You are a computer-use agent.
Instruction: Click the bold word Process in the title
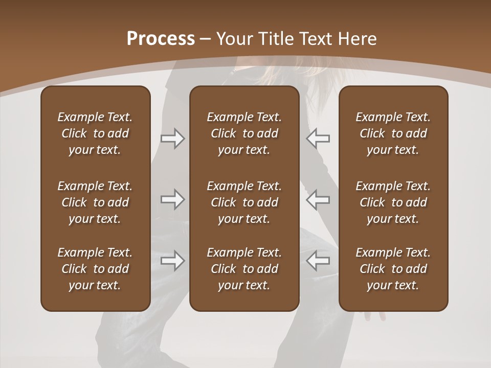tap(161, 39)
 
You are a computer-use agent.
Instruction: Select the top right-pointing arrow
tap(173, 139)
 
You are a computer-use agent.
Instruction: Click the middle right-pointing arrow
tap(173, 199)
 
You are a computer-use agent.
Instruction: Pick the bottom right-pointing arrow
tap(173, 261)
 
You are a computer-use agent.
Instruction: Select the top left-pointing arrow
tap(318, 139)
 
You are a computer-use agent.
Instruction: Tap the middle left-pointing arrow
tap(318, 199)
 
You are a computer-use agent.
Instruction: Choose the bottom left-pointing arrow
tap(318, 261)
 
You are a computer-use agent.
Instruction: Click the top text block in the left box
tap(95, 133)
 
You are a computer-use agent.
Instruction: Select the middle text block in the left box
tap(95, 202)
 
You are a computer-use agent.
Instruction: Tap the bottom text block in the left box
tap(95, 269)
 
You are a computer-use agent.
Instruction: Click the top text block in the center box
tap(244, 133)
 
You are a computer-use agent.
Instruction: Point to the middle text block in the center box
tap(244, 202)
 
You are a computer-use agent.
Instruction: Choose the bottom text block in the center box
tap(244, 269)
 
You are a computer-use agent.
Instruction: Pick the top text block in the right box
tap(393, 133)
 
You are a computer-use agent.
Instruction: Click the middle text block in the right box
tap(393, 202)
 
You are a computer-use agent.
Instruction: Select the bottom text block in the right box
tap(393, 269)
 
